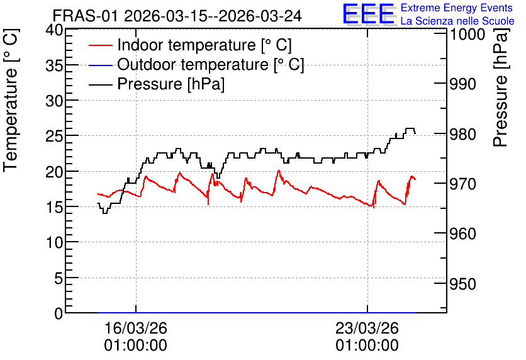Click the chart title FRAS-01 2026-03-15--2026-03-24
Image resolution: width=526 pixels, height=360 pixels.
point(177,16)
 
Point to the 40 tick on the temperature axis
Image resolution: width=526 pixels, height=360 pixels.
point(54,30)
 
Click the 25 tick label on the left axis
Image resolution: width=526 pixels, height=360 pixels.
point(54,136)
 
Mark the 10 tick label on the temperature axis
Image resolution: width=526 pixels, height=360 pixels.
point(54,242)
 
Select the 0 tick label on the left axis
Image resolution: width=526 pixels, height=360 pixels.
point(59,313)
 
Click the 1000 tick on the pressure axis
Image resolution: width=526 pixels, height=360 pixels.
point(467,34)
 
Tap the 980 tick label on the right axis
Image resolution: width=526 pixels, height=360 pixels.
point(462,134)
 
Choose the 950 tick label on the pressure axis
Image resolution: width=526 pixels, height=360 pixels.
point(462,284)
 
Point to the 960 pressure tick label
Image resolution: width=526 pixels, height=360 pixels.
point(462,234)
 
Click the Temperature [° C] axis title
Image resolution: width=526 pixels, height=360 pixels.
point(11,100)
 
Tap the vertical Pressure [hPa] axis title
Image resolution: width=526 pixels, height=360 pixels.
point(501,87)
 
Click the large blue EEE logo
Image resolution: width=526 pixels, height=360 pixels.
point(369,14)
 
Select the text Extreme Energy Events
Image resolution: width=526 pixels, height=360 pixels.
point(457,8)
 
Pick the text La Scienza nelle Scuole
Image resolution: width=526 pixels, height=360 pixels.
point(457,21)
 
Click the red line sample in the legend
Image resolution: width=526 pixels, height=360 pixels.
point(100,45)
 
